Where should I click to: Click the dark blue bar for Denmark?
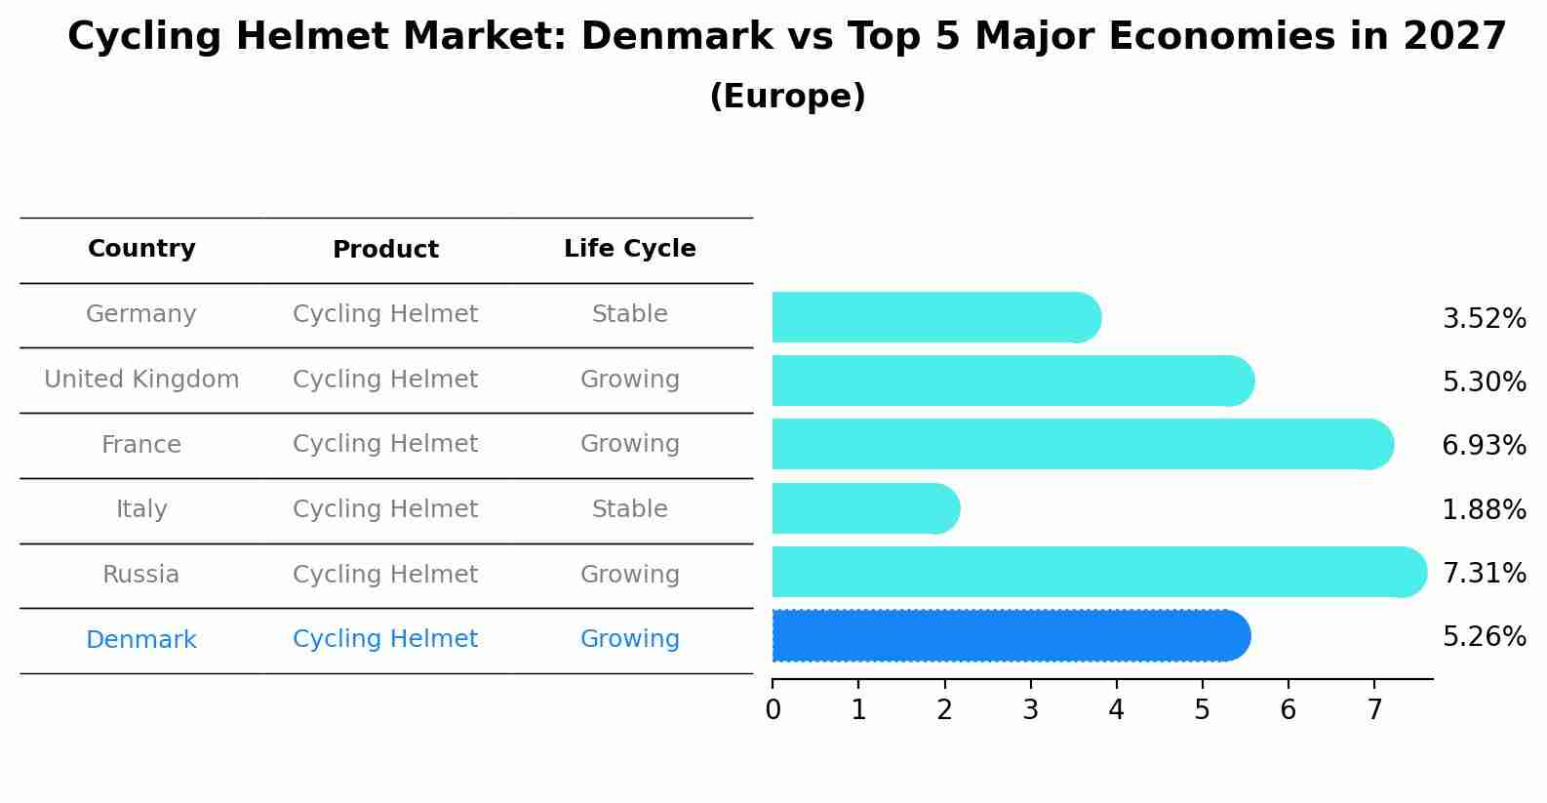click(1010, 636)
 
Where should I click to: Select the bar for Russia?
click(1097, 572)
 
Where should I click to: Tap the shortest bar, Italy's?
click(864, 508)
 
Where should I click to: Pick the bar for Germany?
click(934, 317)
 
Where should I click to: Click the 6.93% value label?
click(1484, 446)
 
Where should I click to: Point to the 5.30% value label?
click(1484, 381)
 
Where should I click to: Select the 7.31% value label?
click(1484, 573)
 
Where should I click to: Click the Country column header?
click(141, 249)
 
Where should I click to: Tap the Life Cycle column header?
click(629, 249)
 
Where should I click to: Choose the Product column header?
click(385, 250)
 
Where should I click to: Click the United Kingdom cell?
click(141, 380)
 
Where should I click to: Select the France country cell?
click(141, 445)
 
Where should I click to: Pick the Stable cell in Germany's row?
click(629, 314)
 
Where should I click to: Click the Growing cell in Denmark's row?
click(629, 639)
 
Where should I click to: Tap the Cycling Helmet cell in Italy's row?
click(385, 509)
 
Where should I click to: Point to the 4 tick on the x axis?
click(1116, 709)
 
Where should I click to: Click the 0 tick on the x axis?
click(773, 709)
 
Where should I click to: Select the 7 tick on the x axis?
click(1373, 709)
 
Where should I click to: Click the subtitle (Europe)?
click(787, 97)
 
